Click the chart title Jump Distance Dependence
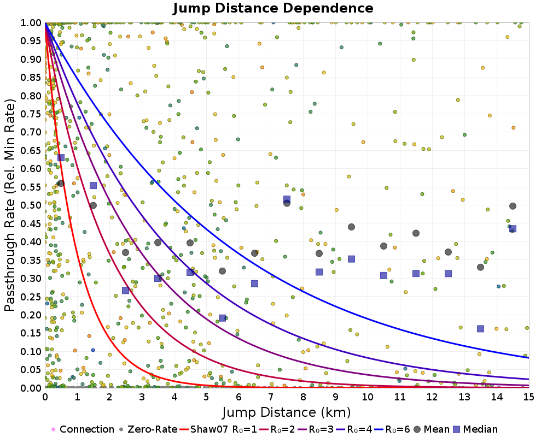(273, 9)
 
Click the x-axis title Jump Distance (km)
(287, 411)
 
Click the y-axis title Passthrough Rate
(10, 205)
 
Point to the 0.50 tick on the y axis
(32, 205)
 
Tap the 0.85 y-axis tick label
(32, 78)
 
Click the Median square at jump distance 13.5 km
(480, 329)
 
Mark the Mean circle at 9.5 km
(351, 227)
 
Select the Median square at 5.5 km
(222, 318)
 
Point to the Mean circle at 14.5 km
(513, 206)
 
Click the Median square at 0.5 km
(61, 158)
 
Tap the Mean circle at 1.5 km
(93, 205)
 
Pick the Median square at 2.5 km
(125, 291)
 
